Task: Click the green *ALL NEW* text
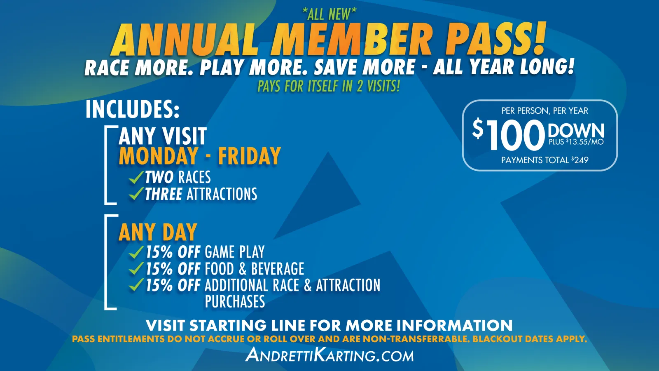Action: pos(329,14)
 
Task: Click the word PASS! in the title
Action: pos(497,39)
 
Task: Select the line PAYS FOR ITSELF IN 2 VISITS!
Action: pos(329,86)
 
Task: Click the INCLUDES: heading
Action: pos(132,109)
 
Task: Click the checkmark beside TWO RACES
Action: pos(136,177)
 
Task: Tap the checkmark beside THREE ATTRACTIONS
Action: pos(136,194)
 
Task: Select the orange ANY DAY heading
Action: pos(158,232)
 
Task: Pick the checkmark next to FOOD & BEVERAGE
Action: pos(136,268)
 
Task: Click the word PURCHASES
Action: pos(235,301)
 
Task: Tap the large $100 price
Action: pos(509,134)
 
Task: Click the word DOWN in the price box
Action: pos(576,131)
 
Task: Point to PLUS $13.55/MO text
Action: pos(576,142)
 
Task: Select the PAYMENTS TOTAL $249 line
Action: pos(545,160)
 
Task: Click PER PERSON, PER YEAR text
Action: pos(545,111)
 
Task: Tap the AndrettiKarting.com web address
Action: pos(329,355)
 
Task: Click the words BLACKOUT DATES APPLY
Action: pos(530,339)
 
